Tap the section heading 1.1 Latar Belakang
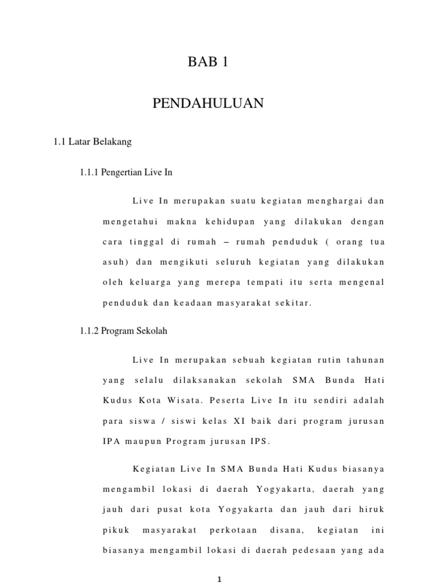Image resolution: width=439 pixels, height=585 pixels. (92, 142)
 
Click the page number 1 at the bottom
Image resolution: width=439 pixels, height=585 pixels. (219, 579)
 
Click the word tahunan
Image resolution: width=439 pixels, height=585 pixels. (365, 360)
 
